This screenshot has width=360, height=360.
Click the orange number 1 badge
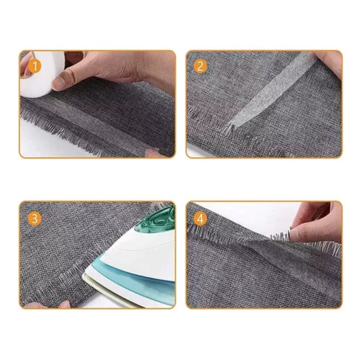35,66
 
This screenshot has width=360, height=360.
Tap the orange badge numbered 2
200,66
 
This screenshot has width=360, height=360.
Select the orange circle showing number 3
35,219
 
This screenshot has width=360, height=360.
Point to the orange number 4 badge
200,219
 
